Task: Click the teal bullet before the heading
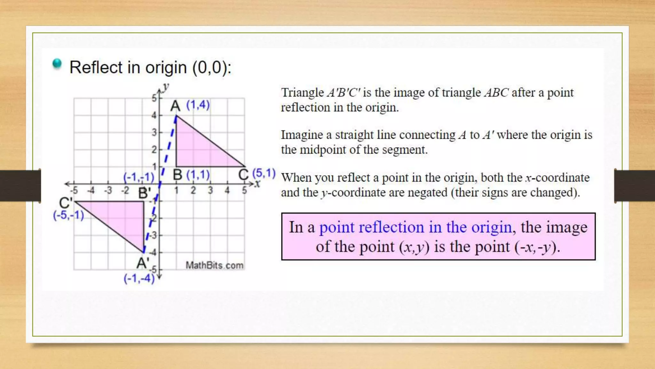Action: (57, 64)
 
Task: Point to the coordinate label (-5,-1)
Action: (68, 215)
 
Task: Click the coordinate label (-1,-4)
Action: (139, 278)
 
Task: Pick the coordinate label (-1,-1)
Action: (139, 177)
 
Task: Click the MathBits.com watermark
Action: (215, 265)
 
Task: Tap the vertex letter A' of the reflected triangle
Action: (143, 263)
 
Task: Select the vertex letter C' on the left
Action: (66, 203)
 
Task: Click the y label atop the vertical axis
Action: (166, 87)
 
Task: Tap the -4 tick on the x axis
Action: (91, 191)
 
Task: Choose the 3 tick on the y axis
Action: (154, 132)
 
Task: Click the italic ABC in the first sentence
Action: (496, 93)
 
